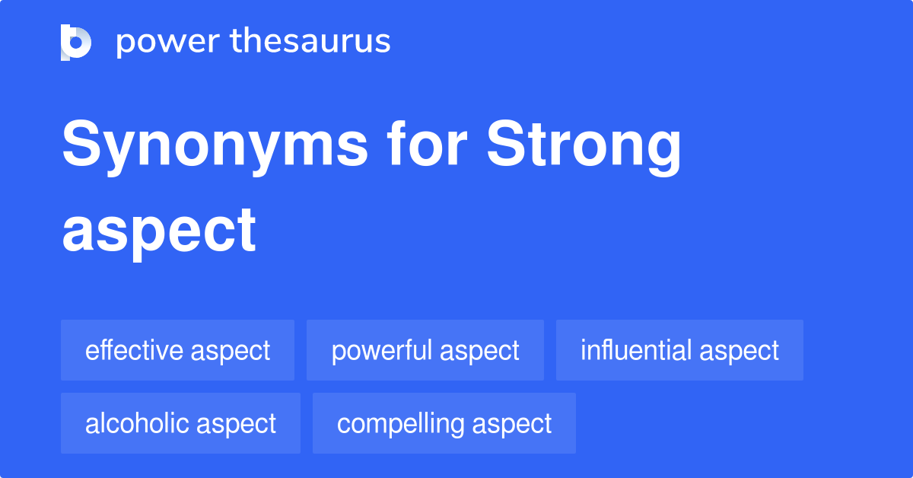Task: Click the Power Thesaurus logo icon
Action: pyautogui.click(x=76, y=42)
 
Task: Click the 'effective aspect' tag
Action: pyautogui.click(x=177, y=350)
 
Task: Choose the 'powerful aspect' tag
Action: pyautogui.click(x=425, y=350)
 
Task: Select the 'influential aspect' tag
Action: pyautogui.click(x=679, y=350)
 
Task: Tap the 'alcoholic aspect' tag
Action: pyautogui.click(x=180, y=423)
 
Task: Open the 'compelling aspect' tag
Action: pyautogui.click(x=444, y=423)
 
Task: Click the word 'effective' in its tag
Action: pyautogui.click(x=135, y=350)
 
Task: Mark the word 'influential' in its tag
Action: pyautogui.click(x=636, y=350)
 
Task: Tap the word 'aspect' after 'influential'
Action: pyautogui.click(x=739, y=351)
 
